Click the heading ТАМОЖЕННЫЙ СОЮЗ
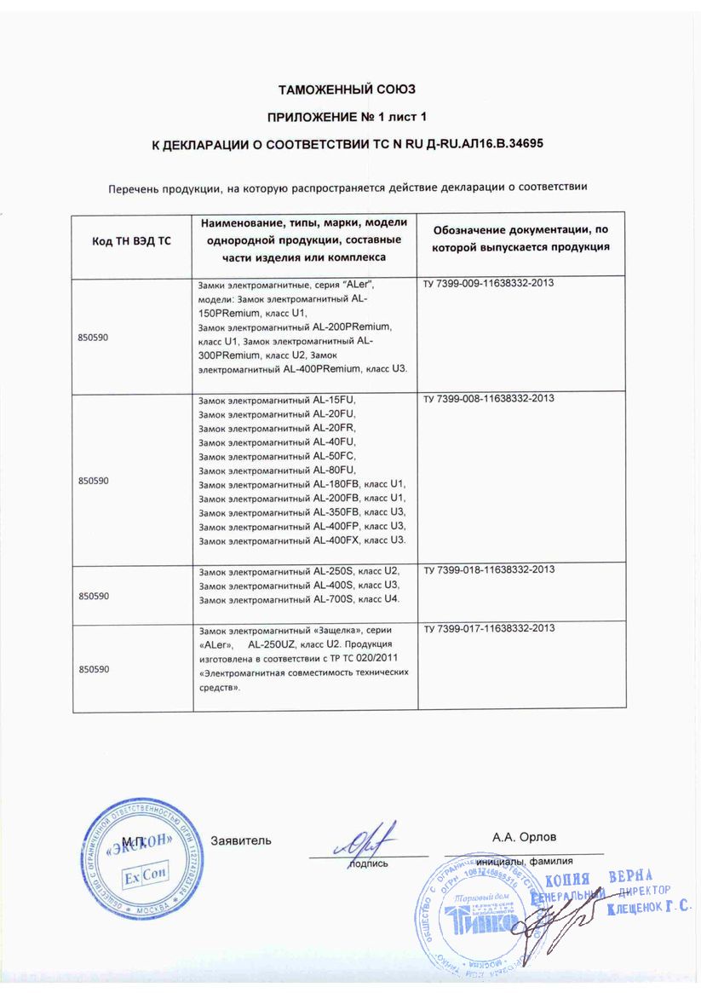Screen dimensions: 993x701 (x=347, y=89)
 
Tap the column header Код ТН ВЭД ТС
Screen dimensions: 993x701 (x=131, y=241)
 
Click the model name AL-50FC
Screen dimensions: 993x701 (x=335, y=456)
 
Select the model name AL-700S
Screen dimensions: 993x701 (x=336, y=599)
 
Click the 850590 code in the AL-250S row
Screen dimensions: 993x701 (x=94, y=596)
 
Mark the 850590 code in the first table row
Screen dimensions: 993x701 (x=94, y=338)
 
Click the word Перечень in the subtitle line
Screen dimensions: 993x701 (x=135, y=188)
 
